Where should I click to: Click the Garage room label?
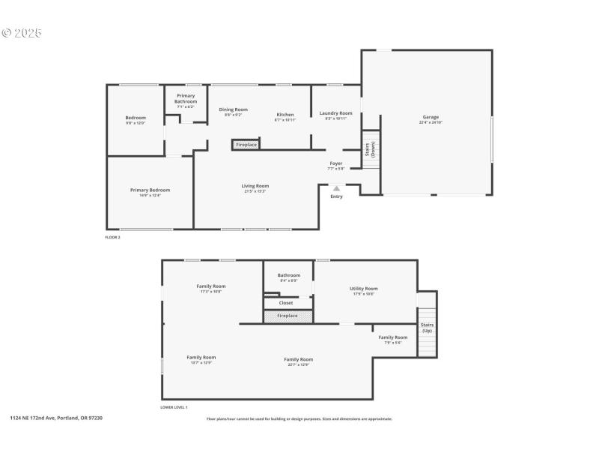coord(431,119)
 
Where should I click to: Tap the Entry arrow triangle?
coord(336,189)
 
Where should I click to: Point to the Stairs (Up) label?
coord(427,328)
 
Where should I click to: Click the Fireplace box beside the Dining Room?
coord(246,145)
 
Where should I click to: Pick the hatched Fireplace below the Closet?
coord(287,316)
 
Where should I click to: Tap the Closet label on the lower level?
coord(285,303)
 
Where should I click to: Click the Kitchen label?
coord(285,116)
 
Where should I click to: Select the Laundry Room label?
coord(335,115)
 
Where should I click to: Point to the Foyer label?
coord(335,165)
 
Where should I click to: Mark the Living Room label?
coord(255,187)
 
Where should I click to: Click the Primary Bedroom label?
coord(150,192)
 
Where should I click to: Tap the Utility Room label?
coord(364,290)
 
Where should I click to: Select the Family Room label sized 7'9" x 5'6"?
coord(393,339)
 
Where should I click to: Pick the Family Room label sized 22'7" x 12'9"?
coord(297,361)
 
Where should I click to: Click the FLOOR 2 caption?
coord(112,237)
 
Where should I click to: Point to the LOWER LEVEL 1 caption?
coord(174,407)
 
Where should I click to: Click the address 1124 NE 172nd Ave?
coord(56,418)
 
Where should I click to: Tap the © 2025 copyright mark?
coord(22,33)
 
